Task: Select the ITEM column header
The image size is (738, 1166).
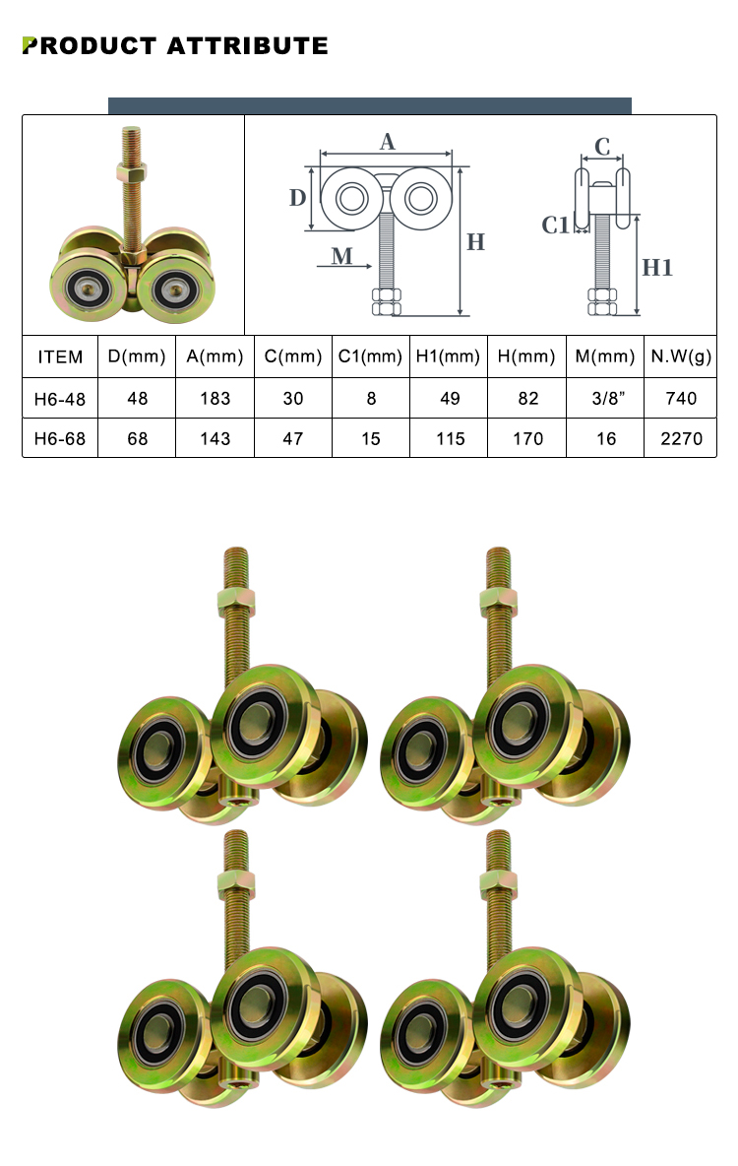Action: point(60,357)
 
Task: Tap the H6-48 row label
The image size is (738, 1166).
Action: point(60,398)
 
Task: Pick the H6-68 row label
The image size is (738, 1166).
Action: point(60,438)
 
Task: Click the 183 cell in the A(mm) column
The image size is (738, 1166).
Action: point(215,398)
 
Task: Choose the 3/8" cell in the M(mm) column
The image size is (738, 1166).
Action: point(606,398)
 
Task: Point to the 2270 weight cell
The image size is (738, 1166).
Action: point(681,438)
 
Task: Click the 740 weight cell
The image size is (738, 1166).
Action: point(681,398)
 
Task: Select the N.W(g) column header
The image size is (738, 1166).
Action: point(681,357)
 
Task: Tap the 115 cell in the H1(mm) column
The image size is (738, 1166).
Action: point(450,438)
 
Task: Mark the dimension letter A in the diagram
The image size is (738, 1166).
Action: point(388,142)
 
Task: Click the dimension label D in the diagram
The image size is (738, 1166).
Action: point(297,198)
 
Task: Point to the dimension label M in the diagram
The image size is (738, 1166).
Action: point(341,257)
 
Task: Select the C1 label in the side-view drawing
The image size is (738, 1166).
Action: point(556,226)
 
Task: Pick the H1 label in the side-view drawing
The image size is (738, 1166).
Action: point(658,266)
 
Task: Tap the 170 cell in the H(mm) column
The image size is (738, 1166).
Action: point(527,438)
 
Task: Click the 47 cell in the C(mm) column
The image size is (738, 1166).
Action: point(293,438)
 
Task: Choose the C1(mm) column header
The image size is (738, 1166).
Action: point(371,357)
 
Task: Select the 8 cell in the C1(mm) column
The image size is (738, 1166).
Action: point(371,398)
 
